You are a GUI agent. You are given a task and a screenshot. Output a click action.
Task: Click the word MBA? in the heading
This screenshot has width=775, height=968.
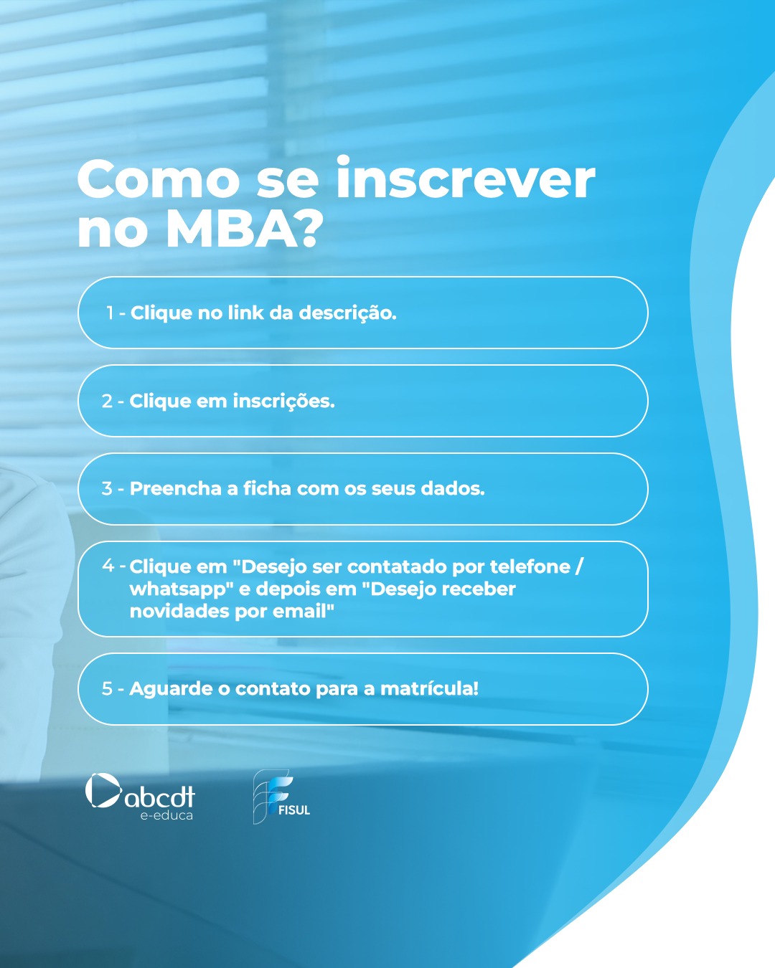coord(244,229)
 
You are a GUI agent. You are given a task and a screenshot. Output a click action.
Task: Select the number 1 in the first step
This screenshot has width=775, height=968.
coord(110,313)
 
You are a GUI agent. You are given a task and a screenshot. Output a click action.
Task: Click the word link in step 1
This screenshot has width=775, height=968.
coord(245,313)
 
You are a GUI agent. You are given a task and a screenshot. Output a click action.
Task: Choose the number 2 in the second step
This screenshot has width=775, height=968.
coord(107,402)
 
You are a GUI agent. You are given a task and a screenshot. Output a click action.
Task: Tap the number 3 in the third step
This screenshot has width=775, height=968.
coord(107,489)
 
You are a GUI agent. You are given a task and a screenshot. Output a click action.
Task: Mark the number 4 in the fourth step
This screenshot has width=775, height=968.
coord(108,566)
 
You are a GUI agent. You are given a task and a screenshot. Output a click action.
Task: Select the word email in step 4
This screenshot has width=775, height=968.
coord(306,612)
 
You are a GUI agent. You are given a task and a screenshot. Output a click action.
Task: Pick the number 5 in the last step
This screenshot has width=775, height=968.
coord(107,689)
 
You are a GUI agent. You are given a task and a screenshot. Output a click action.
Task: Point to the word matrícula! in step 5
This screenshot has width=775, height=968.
coord(429,689)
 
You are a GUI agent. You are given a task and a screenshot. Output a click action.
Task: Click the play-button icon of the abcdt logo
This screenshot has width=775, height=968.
coord(103,791)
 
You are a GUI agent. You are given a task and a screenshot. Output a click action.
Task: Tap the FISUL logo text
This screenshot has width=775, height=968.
coord(294,810)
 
